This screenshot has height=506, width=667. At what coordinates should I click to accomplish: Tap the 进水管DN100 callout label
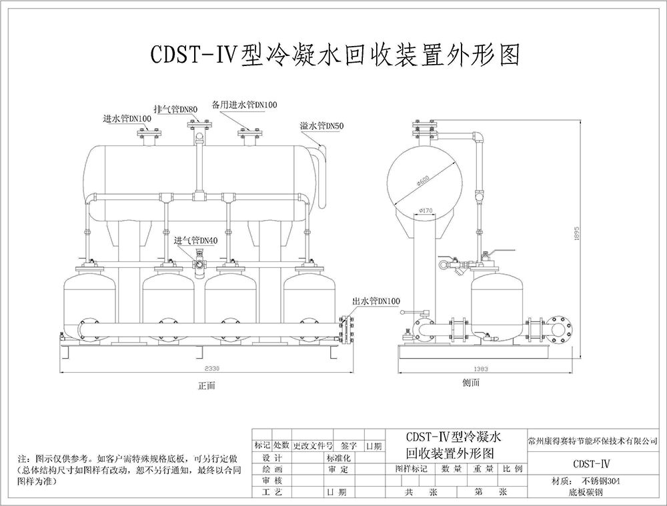coord(127,119)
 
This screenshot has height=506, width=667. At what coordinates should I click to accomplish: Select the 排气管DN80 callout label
coord(175,109)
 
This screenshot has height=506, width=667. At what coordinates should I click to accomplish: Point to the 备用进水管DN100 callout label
coord(245,105)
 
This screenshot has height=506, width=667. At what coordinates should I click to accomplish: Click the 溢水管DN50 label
coord(321,125)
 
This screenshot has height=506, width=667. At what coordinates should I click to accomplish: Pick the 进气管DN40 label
coord(196,241)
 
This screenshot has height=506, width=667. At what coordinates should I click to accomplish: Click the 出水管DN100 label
coord(377,302)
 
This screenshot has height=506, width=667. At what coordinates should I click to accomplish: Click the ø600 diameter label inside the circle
coord(422,180)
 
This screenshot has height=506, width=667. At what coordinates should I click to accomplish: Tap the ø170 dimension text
coord(426,211)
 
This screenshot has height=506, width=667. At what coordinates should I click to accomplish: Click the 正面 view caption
coord(207,385)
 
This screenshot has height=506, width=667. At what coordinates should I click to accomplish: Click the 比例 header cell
coord(513,469)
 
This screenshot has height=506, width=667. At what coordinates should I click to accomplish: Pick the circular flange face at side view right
coord(558,328)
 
